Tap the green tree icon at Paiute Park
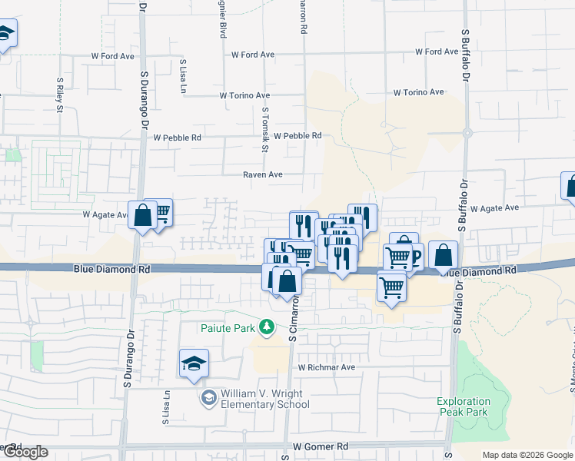pyautogui.click(x=267, y=327)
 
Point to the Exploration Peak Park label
pyautogui.click(x=463, y=406)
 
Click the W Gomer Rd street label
pyautogui.click(x=321, y=446)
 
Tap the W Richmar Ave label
pyautogui.click(x=327, y=367)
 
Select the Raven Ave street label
pyautogui.click(x=263, y=174)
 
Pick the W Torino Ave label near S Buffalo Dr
pyautogui.click(x=419, y=92)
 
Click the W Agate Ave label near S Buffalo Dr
pyautogui.click(x=496, y=208)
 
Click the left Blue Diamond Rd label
pyautogui.click(x=111, y=270)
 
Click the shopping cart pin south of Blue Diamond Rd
pyautogui.click(x=391, y=287)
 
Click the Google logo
pyautogui.click(x=25, y=452)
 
